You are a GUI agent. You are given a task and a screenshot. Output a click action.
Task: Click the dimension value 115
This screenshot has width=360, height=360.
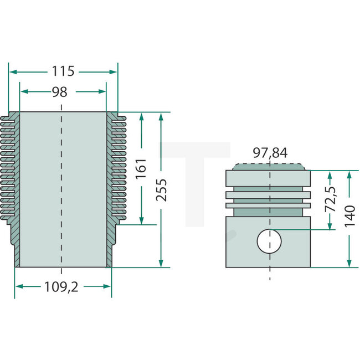pos(64,71)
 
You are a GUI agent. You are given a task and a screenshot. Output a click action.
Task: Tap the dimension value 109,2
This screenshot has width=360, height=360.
pos(63,286)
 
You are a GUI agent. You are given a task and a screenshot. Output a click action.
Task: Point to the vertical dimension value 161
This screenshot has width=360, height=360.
pos(141,169)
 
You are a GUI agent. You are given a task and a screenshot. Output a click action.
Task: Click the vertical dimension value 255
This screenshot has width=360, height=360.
pos(161,190)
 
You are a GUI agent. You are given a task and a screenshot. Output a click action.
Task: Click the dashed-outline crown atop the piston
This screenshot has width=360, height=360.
pos(269,166)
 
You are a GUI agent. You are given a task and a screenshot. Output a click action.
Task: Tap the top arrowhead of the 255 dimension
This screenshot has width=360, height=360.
pos(161,116)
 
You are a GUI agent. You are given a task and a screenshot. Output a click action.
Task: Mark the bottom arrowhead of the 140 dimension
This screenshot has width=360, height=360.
pos(348,264)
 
